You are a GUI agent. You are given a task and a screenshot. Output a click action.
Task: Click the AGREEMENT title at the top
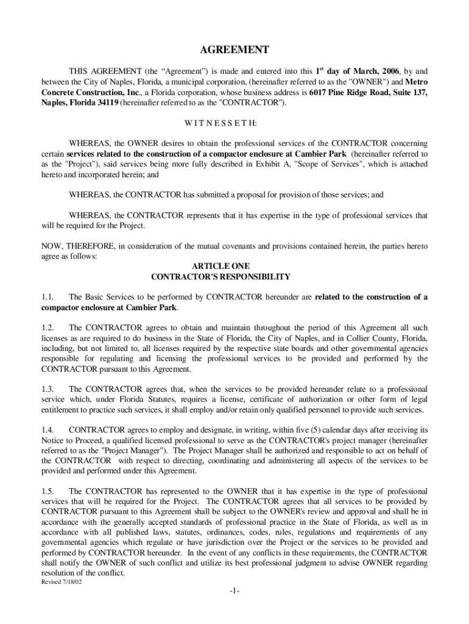[x=234, y=49]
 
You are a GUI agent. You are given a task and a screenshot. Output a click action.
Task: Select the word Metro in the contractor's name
[x=416, y=81]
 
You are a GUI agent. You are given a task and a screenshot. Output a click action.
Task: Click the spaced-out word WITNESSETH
[x=234, y=123]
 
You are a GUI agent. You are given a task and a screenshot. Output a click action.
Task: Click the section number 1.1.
[x=49, y=297]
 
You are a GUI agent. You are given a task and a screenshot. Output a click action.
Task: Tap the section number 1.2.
[x=49, y=327]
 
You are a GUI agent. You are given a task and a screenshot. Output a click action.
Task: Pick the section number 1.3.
[x=49, y=388]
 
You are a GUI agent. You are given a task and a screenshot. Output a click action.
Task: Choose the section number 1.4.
[x=49, y=430]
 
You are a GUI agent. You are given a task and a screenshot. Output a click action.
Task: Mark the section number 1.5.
[x=49, y=491]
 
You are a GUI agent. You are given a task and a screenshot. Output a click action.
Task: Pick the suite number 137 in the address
[x=419, y=92]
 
